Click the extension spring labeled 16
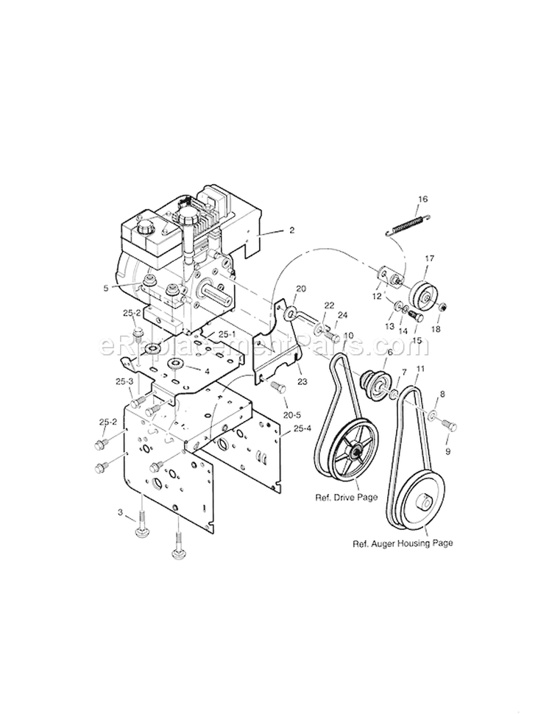pos(407,223)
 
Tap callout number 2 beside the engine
pos(292,230)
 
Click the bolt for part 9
pos(449,425)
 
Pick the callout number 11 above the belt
pos(421,368)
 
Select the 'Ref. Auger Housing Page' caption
pos(401,544)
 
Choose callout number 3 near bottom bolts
pos(121,511)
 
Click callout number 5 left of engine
pos(127,289)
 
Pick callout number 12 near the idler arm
pos(377,296)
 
